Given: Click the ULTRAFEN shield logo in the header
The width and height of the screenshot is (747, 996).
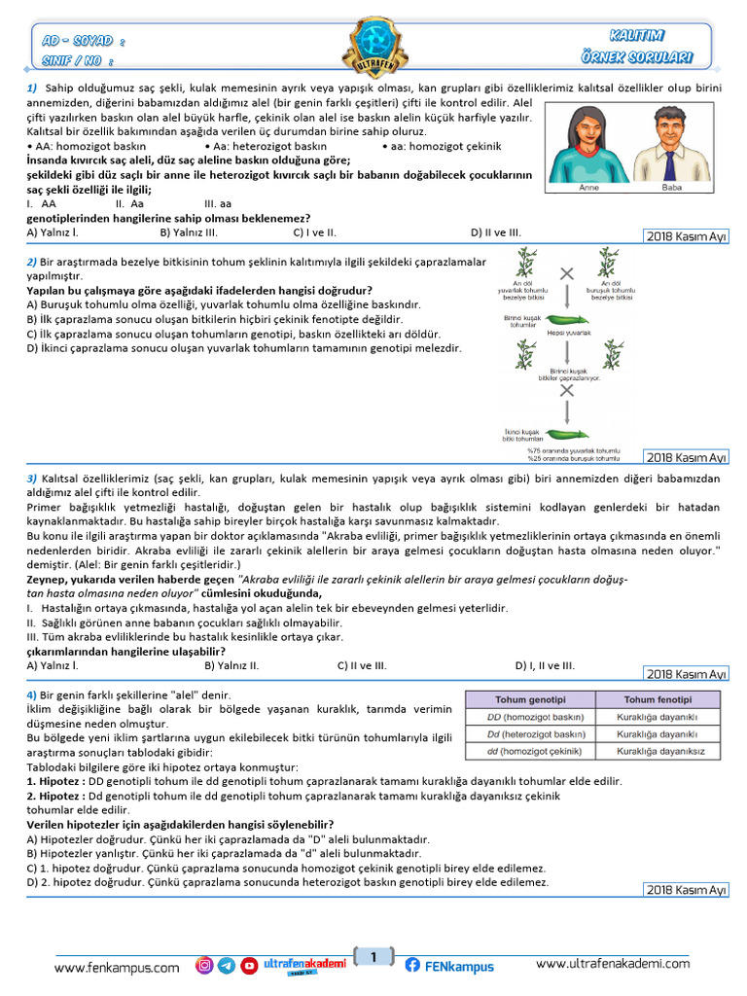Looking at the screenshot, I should point(373,47).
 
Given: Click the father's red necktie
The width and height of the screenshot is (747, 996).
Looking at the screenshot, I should point(671,160).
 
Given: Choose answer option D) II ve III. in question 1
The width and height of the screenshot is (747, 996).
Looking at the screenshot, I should point(496,232).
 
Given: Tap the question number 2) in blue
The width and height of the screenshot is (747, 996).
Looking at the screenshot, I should point(31,263).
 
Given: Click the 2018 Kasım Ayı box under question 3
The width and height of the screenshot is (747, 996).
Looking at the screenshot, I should point(687,674).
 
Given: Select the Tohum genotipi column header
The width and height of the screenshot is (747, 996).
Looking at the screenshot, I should point(530,700).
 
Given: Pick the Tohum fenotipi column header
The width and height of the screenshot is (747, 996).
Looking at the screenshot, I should point(658,700).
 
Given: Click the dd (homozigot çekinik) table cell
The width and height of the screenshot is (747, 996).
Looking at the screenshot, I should point(530,752).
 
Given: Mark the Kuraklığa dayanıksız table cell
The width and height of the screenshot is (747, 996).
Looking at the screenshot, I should point(658,752).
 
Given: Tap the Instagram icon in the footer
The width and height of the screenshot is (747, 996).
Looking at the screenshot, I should point(204,966).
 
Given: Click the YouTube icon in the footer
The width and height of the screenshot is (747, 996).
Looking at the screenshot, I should point(249,966).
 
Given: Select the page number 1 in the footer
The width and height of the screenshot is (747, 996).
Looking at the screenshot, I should point(373,958).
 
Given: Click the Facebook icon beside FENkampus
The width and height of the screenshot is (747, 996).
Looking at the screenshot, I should point(412,966).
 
